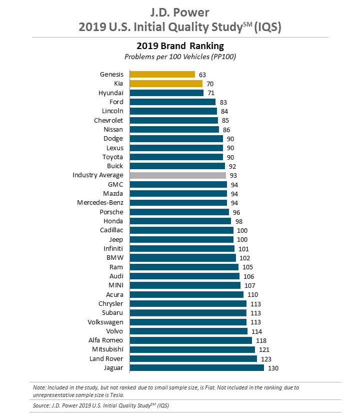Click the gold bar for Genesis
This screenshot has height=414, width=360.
[x=162, y=75]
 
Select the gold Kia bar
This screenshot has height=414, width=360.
[x=166, y=84]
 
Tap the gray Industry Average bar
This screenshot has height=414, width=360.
[x=177, y=175]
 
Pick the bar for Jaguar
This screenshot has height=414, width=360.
[x=196, y=367]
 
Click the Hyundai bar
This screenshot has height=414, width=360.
[x=166, y=93]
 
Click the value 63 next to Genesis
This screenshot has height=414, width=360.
[x=202, y=75]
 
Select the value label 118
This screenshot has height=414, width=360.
[x=260, y=340]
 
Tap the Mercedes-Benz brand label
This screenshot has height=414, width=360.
[x=100, y=203]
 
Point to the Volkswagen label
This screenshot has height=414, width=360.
[x=105, y=322]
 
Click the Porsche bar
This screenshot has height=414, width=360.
[x=179, y=212]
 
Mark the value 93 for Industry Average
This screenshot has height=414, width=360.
[x=232, y=175]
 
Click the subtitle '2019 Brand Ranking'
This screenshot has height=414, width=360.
[x=179, y=46]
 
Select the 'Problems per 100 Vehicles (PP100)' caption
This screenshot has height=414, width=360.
[x=179, y=57]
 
